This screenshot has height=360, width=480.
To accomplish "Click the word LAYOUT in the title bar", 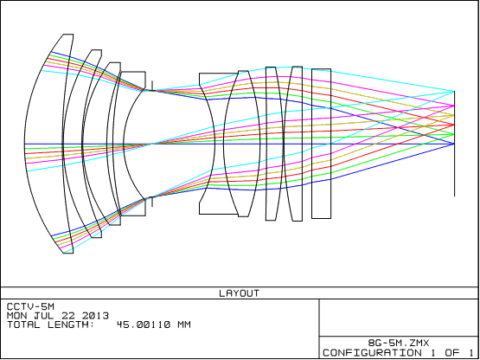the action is (x=239, y=293).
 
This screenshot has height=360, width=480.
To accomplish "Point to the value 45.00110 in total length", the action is (x=144, y=325).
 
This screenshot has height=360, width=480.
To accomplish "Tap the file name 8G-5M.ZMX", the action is (x=399, y=343).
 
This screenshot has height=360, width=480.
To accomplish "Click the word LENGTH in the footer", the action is (x=71, y=325).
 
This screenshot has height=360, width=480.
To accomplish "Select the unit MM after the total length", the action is (x=183, y=325).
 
